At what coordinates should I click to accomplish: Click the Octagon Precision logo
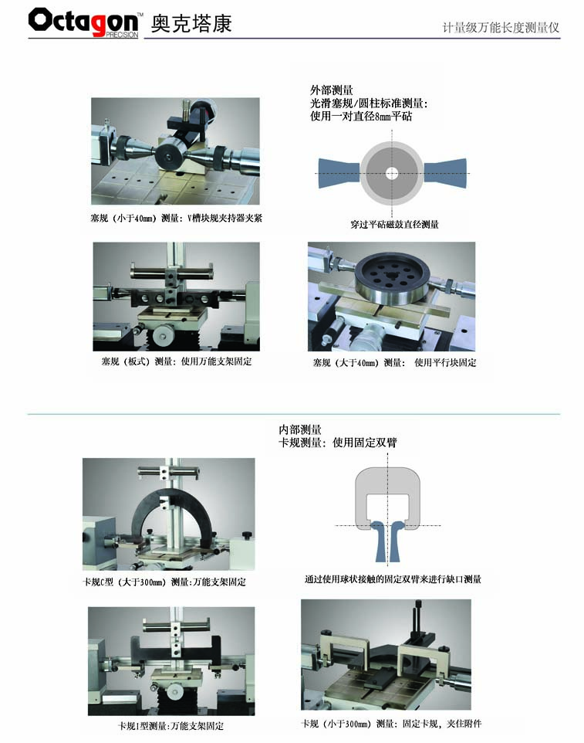click(84, 22)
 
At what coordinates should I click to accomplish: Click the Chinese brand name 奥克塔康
click(191, 23)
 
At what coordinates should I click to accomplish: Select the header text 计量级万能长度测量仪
click(501, 28)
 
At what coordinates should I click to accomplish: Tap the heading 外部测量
click(331, 90)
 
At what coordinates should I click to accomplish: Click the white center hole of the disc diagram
click(391, 173)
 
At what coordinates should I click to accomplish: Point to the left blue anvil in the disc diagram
click(339, 173)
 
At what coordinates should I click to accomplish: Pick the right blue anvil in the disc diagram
click(445, 173)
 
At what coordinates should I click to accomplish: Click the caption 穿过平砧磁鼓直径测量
click(395, 224)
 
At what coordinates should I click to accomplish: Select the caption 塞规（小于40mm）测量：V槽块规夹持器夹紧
click(176, 218)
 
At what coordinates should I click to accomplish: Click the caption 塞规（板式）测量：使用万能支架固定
click(177, 361)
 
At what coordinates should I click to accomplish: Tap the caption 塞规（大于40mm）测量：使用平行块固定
click(394, 363)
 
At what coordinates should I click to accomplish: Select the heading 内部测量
click(300, 429)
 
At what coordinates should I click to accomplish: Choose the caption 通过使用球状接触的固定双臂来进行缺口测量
click(393, 579)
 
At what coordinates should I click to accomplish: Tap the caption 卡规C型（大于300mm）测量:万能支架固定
click(164, 582)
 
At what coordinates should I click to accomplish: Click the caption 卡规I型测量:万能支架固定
click(170, 726)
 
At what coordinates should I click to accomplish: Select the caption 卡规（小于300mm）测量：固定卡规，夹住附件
click(391, 724)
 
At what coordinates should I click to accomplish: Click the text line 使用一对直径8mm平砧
click(361, 116)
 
